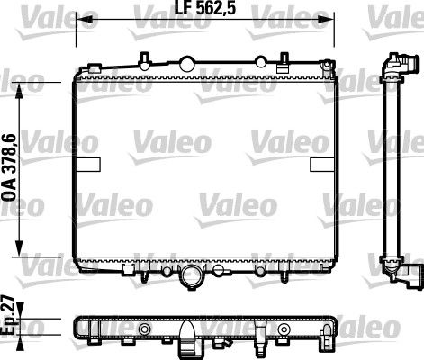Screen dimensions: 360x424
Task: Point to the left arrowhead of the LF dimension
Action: pos(78,19)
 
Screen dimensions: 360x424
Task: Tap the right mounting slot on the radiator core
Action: pos(321,166)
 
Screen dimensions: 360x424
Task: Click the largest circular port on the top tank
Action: pos(186,63)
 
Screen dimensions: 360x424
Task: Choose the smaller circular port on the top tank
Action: pos(261,62)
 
